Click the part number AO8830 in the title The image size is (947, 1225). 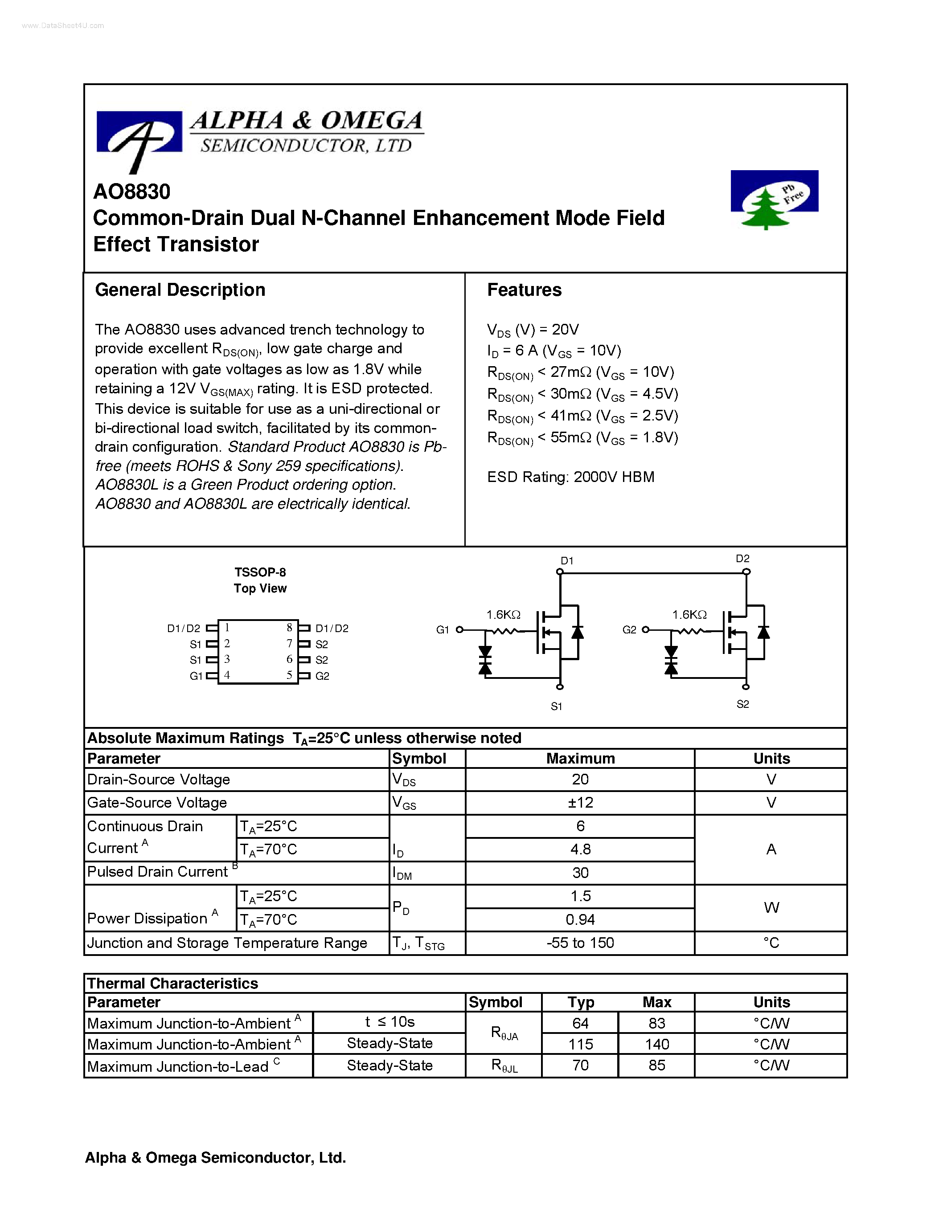[132, 192]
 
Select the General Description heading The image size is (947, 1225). [180, 290]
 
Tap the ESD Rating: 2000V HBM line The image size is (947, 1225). [570, 477]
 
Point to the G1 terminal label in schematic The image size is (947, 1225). [442, 630]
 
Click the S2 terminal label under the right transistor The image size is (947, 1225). [742, 704]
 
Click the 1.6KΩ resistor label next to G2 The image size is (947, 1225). [689, 615]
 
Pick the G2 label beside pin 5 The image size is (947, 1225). [322, 676]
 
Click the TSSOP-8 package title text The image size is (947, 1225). [260, 572]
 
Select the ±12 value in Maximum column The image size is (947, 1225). [580, 803]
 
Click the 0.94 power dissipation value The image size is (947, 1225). [580, 919]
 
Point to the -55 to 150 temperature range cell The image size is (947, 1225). [580, 943]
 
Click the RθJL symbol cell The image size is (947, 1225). [504, 1066]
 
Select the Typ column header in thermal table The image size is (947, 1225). [580, 1002]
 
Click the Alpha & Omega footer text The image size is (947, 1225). [215, 1158]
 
